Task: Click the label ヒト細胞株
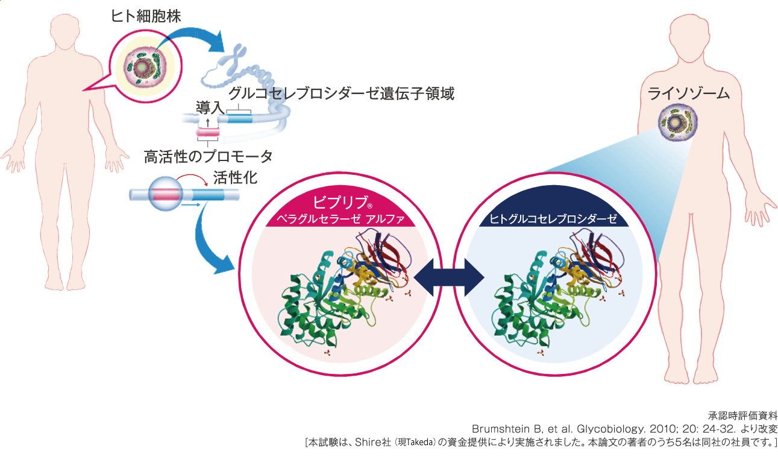[x=146, y=16]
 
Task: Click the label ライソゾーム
[x=689, y=93]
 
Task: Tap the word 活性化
[x=236, y=178]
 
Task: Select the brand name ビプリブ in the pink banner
[x=335, y=201]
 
